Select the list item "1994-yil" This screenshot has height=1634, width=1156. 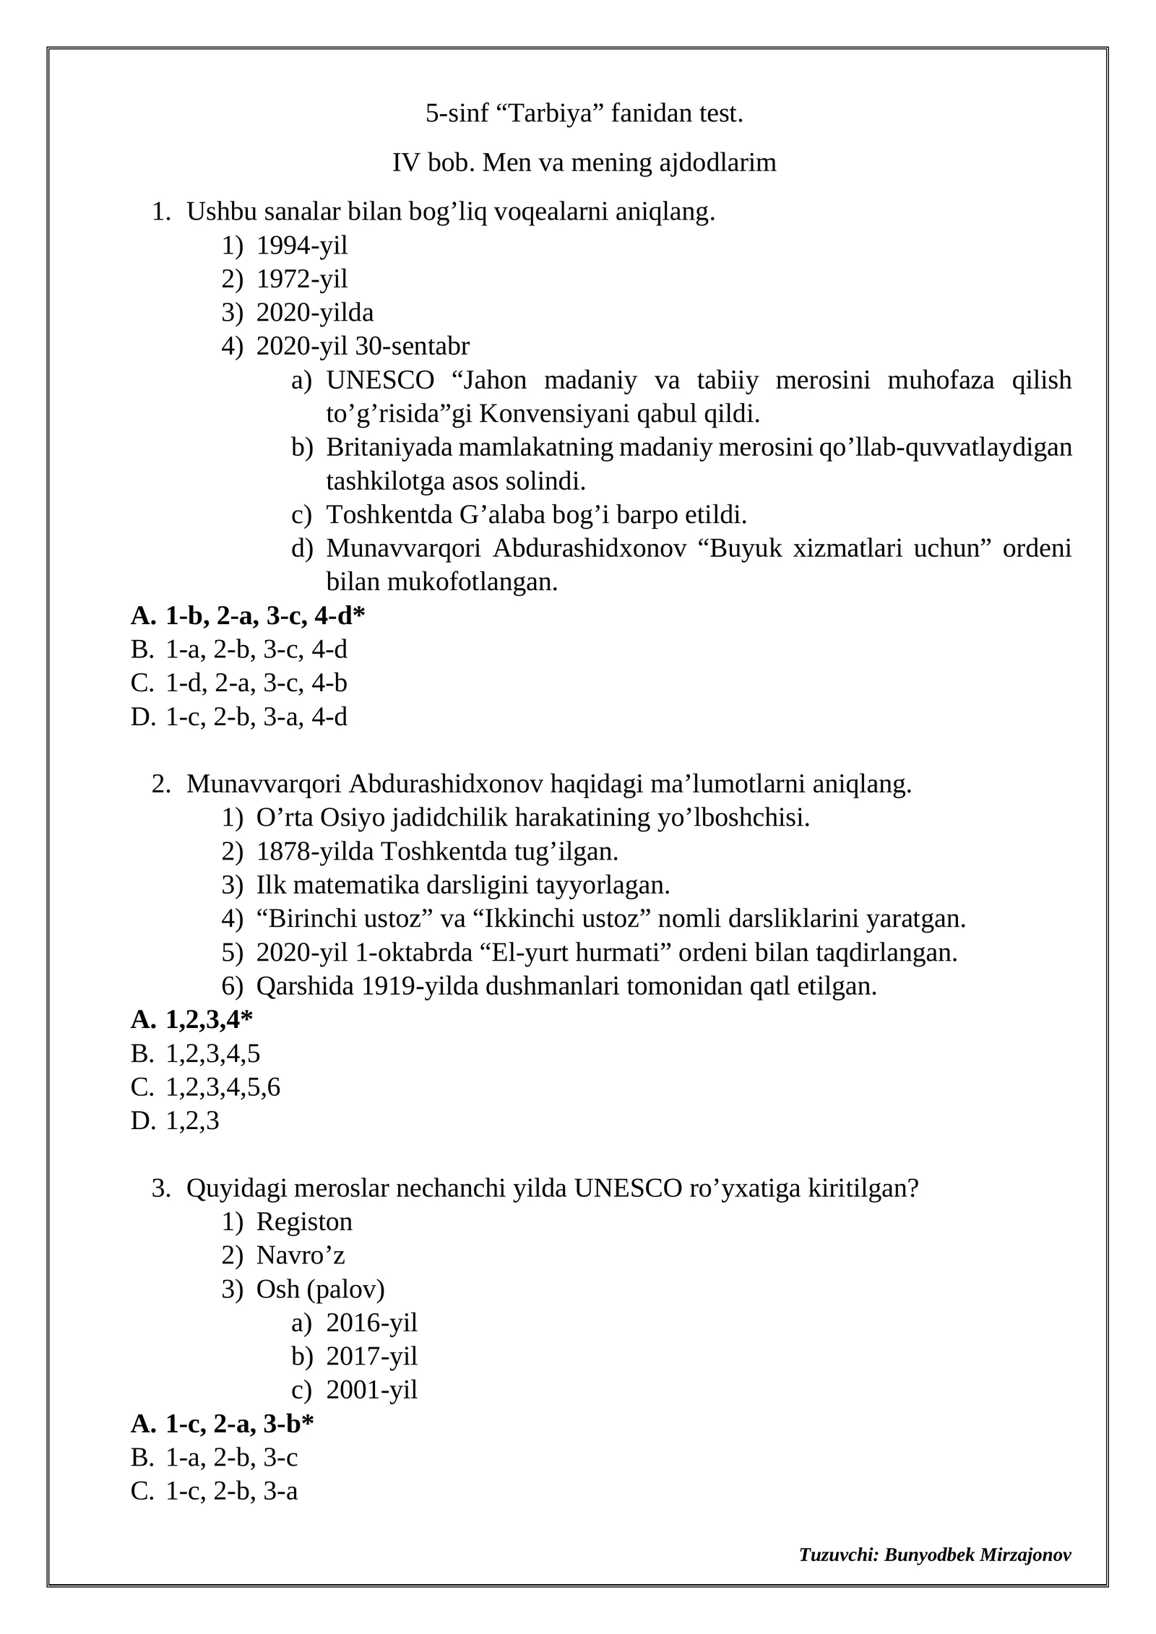coord(301,246)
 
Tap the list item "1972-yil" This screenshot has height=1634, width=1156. coord(301,279)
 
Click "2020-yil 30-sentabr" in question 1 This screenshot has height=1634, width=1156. coord(363,346)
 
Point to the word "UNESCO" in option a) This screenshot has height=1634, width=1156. coord(380,380)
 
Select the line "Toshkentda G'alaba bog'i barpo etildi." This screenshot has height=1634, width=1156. coord(536,514)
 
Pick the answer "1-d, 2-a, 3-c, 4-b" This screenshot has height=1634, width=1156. coord(256,683)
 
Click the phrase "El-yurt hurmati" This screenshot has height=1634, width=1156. coord(579,952)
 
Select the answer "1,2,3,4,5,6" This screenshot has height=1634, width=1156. coord(223,1087)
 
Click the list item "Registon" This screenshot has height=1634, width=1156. coord(304,1222)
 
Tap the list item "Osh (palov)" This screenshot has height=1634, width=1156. coord(320,1289)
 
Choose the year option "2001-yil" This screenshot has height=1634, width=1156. coord(371,1390)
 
